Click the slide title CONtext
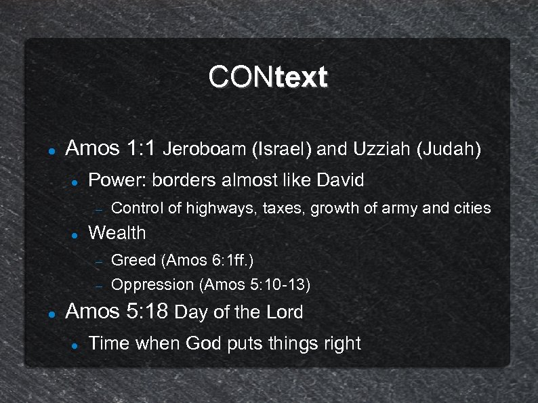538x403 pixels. tap(268, 77)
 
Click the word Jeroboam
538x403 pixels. tap(205, 149)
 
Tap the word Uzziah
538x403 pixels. tap(380, 149)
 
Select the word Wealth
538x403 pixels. tap(117, 233)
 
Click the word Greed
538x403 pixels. tap(133, 259)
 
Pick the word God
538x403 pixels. tap(203, 343)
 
